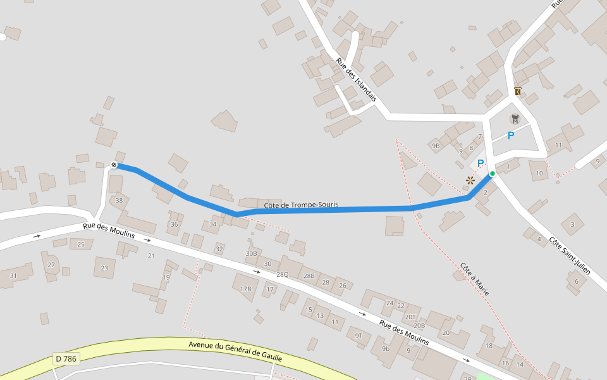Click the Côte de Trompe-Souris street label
click(x=301, y=205)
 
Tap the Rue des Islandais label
click(x=356, y=80)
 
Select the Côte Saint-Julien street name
click(x=570, y=256)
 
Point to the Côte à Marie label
click(x=474, y=279)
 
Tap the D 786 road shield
click(x=66, y=359)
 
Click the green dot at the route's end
click(x=492, y=174)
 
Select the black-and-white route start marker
click(x=114, y=165)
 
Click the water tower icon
click(x=515, y=118)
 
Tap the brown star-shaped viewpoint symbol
click(x=470, y=180)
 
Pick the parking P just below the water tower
click(x=511, y=135)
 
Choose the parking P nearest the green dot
click(x=481, y=163)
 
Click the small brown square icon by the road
click(x=518, y=91)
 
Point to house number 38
click(x=119, y=201)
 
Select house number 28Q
click(x=282, y=274)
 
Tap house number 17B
click(x=246, y=289)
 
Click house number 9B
click(x=435, y=146)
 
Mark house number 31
click(x=13, y=275)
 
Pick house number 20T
click(x=410, y=317)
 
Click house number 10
click(x=539, y=173)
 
